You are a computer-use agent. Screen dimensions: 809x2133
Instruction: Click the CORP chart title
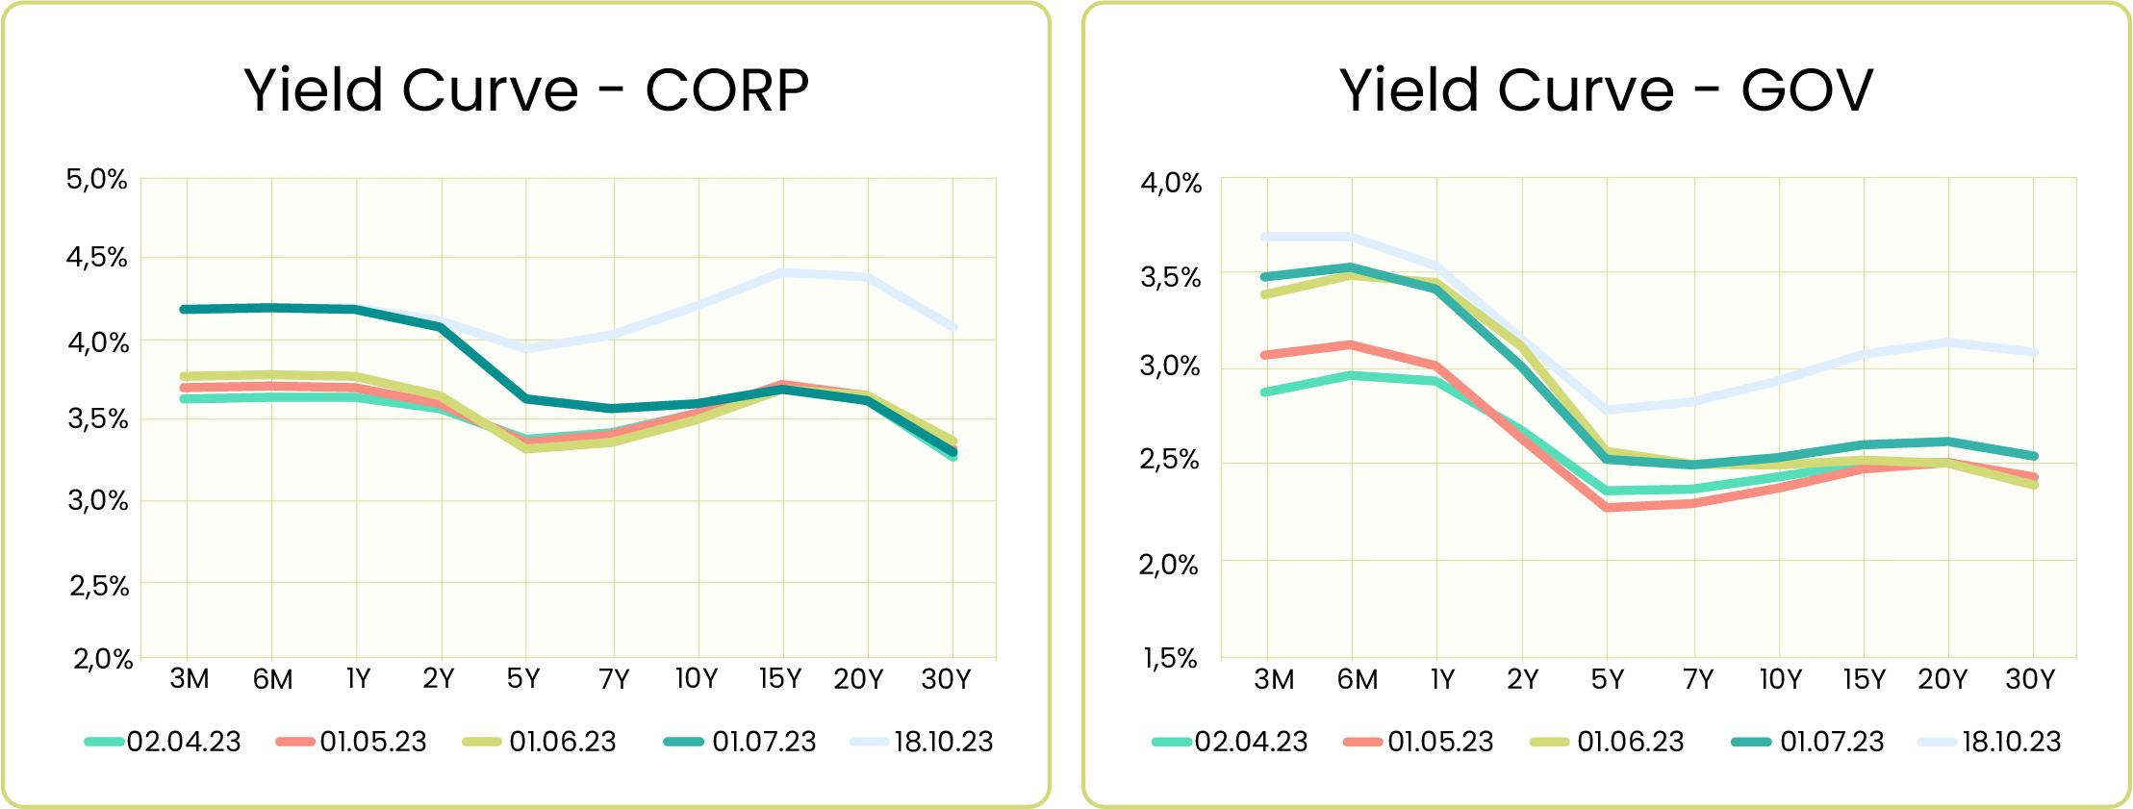pyautogui.click(x=526, y=90)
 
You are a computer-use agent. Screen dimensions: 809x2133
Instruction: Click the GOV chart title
pyautogui.click(x=1606, y=90)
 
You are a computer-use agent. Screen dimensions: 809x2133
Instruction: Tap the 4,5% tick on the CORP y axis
pyautogui.click(x=97, y=258)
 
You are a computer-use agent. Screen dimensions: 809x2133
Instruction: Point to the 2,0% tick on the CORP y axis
pyautogui.click(x=100, y=660)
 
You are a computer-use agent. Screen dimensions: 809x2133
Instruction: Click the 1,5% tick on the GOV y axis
pyautogui.click(x=1171, y=659)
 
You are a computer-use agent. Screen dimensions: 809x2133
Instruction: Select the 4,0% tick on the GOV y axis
pyautogui.click(x=1171, y=183)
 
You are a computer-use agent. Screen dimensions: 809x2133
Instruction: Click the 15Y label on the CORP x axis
pyautogui.click(x=779, y=680)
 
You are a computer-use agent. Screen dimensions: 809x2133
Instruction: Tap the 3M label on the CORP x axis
pyautogui.click(x=189, y=680)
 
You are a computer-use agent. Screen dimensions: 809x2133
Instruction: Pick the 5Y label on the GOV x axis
pyautogui.click(x=1607, y=680)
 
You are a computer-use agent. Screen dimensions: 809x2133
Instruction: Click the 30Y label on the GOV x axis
pyautogui.click(x=2030, y=680)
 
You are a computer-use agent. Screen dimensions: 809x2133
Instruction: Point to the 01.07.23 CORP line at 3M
pyautogui.click(x=185, y=310)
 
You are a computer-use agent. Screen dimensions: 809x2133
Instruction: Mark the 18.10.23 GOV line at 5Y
pyautogui.click(x=1607, y=411)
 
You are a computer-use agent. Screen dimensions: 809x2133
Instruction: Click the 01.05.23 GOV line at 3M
pyautogui.click(x=1266, y=355)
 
